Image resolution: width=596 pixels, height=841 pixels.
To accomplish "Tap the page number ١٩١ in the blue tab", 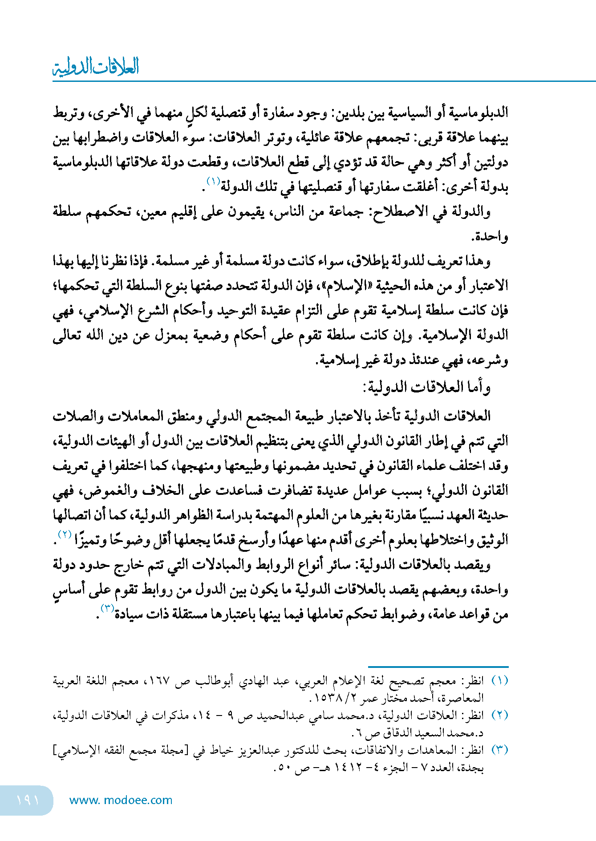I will tap(28, 800).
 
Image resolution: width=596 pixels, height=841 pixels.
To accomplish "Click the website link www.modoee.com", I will tap(121, 800).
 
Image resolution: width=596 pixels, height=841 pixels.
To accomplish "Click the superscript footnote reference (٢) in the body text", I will tap(65, 534).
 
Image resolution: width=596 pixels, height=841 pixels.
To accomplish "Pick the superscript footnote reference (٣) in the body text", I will tap(108, 608).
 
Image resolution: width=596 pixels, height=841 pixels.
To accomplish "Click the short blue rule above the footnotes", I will tap(438, 667).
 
